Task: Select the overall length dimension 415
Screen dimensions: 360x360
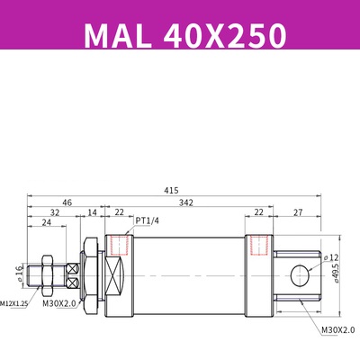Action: point(171,190)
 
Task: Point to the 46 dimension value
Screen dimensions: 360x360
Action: point(67,204)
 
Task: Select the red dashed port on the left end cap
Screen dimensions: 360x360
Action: point(116,245)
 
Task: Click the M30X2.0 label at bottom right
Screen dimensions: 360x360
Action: point(337,330)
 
